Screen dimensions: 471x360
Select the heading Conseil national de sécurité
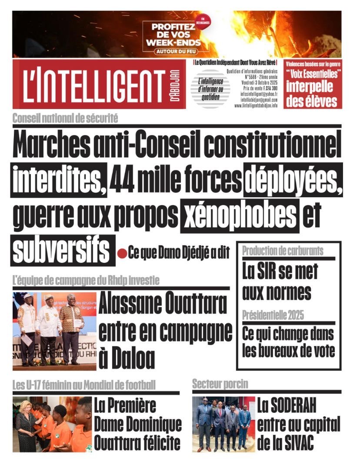[x=65, y=117]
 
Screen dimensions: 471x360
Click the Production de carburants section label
[x=283, y=251]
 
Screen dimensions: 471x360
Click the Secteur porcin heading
[x=220, y=384]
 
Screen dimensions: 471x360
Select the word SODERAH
[x=287, y=407]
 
